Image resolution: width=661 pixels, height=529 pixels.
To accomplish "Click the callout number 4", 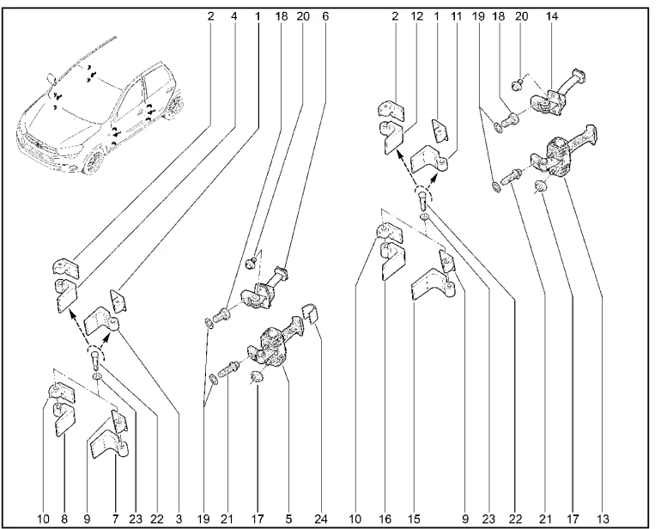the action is [x=234, y=16].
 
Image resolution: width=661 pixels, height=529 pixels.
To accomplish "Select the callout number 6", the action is [x=325, y=16].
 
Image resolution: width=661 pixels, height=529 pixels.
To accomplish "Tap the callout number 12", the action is [x=416, y=16].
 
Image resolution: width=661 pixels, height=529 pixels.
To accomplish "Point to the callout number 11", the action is [x=456, y=16].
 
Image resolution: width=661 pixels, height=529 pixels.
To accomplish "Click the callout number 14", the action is [x=552, y=16].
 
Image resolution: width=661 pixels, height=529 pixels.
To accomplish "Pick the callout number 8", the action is [x=64, y=519].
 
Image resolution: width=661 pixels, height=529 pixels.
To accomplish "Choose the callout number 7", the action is [x=116, y=519].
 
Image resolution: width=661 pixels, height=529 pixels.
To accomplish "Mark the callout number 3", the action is [x=179, y=519].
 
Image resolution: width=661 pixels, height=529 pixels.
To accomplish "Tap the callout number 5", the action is [x=288, y=519].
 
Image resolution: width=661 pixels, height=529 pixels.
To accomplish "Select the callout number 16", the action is [x=385, y=519].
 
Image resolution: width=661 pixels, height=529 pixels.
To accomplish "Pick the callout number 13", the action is [x=602, y=519].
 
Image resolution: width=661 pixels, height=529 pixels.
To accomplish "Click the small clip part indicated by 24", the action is [x=310, y=313].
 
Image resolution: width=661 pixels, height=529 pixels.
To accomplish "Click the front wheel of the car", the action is [x=93, y=162].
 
